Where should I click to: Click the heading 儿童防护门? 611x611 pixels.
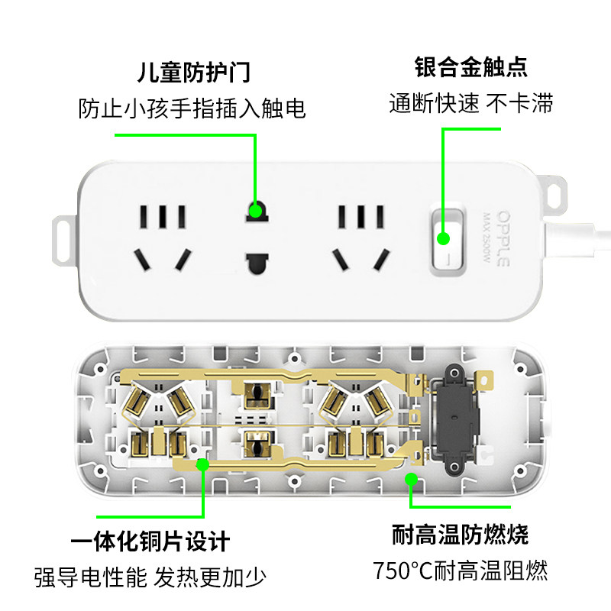click(193, 73)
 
